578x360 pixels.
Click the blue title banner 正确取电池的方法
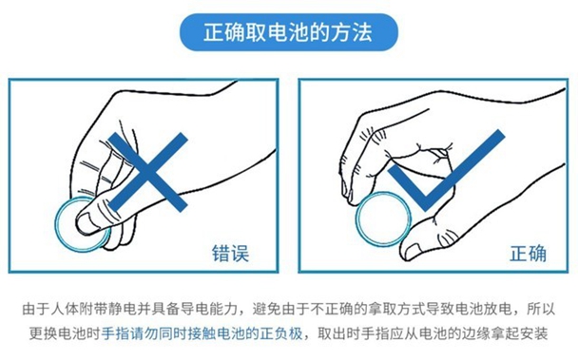(289, 32)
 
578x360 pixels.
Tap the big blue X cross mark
(148, 172)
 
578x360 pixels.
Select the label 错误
(230, 253)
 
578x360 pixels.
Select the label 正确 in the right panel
(528, 253)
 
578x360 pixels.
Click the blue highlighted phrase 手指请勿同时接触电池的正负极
(202, 333)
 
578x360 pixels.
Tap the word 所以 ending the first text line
(541, 309)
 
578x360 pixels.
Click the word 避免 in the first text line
(267, 309)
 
